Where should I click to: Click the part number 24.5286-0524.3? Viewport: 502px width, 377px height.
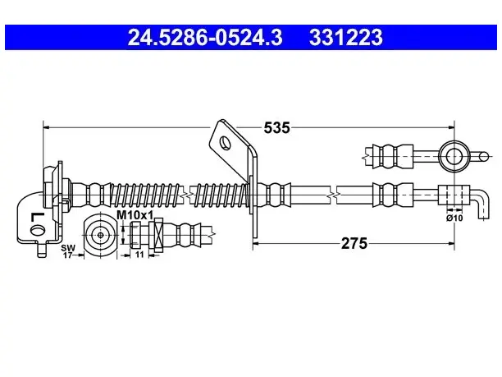point(205,37)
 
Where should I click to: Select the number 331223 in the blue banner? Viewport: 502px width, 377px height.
point(346,37)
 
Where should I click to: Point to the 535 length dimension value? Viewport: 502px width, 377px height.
point(276,128)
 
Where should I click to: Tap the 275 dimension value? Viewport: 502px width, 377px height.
point(354,244)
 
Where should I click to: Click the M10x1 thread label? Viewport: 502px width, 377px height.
point(135,215)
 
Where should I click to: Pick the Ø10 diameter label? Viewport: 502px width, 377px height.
point(454,218)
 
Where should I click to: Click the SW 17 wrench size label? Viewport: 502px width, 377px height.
point(68,251)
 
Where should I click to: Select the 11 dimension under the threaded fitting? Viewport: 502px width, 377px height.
point(139,255)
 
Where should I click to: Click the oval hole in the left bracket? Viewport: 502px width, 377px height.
point(38,229)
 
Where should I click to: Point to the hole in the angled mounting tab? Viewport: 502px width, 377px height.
point(225,142)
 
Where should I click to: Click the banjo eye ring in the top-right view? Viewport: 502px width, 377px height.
point(454,157)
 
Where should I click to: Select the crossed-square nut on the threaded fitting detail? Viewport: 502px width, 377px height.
point(159,235)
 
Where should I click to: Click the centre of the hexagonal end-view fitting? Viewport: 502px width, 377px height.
point(101,235)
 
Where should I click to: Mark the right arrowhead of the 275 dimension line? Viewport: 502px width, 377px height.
point(451,244)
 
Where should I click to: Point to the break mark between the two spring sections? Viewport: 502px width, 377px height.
point(186,195)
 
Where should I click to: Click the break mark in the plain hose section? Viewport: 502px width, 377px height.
point(333,195)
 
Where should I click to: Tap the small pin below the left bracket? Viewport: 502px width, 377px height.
point(42,250)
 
